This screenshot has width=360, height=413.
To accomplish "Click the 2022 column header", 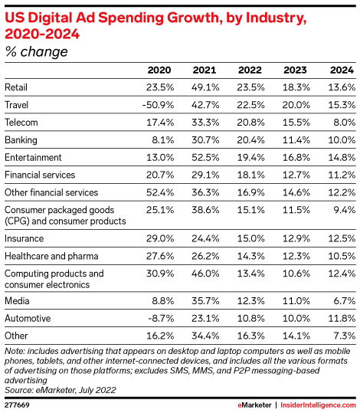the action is tap(250, 70).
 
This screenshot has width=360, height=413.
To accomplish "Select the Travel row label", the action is tap(16, 105).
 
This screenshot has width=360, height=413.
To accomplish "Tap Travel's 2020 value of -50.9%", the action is tap(158, 105).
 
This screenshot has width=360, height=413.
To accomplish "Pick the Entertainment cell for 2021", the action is tap(205, 158).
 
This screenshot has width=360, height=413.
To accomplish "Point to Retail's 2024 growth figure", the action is tap(342, 87).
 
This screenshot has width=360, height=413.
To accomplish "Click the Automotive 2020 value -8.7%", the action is tap(161, 319).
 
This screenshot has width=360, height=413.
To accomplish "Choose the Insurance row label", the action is tap(25, 238).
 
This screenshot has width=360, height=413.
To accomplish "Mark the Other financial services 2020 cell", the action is tap(160, 192).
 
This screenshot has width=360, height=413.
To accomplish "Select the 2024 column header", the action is tap(342, 70).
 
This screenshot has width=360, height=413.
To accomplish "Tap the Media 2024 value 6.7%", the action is tap(345, 301).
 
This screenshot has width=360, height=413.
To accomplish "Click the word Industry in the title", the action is tap(276, 18).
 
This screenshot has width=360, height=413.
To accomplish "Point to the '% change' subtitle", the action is tap(36, 51).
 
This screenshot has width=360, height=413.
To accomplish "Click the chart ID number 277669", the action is tap(17, 405).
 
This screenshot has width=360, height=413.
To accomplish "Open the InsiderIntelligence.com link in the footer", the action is tap(318, 405).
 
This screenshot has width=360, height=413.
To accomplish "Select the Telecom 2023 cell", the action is tap(296, 123).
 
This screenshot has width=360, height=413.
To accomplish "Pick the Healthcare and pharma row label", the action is tap(51, 256).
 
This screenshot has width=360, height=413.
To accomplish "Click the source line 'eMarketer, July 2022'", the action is tap(76, 390).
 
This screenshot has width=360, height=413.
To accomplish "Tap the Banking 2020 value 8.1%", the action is tap(162, 140).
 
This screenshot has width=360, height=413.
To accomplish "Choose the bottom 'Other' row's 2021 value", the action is tap(205, 336).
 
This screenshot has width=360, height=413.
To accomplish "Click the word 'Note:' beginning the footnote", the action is tap(15, 351).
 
